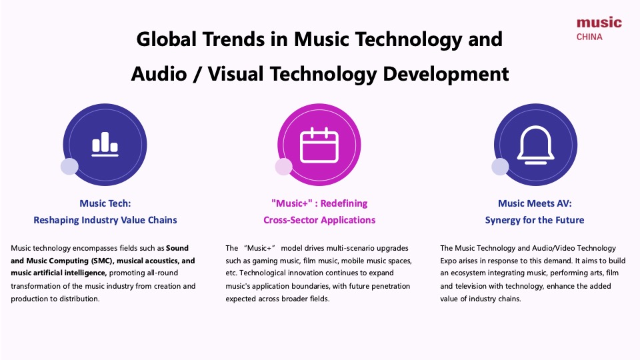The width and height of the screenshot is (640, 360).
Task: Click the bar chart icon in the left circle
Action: [105, 143]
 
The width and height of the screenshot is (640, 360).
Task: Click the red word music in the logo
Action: [599, 23]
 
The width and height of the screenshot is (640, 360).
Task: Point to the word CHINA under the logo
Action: [589, 37]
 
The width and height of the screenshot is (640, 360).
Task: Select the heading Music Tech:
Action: [105, 203]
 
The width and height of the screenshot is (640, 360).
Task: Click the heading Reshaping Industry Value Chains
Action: [105, 219]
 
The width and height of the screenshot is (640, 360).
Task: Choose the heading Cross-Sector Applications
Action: [319, 219]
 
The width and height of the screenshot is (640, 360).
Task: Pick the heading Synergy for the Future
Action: [535, 219]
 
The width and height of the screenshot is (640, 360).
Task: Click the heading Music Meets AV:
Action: [535, 203]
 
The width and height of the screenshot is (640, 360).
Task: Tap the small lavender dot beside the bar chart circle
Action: [69, 167]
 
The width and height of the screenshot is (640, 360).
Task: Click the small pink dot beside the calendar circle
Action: [284, 167]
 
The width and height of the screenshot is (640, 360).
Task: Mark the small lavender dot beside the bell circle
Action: [500, 167]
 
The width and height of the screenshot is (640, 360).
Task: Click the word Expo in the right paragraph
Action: [451, 261]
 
